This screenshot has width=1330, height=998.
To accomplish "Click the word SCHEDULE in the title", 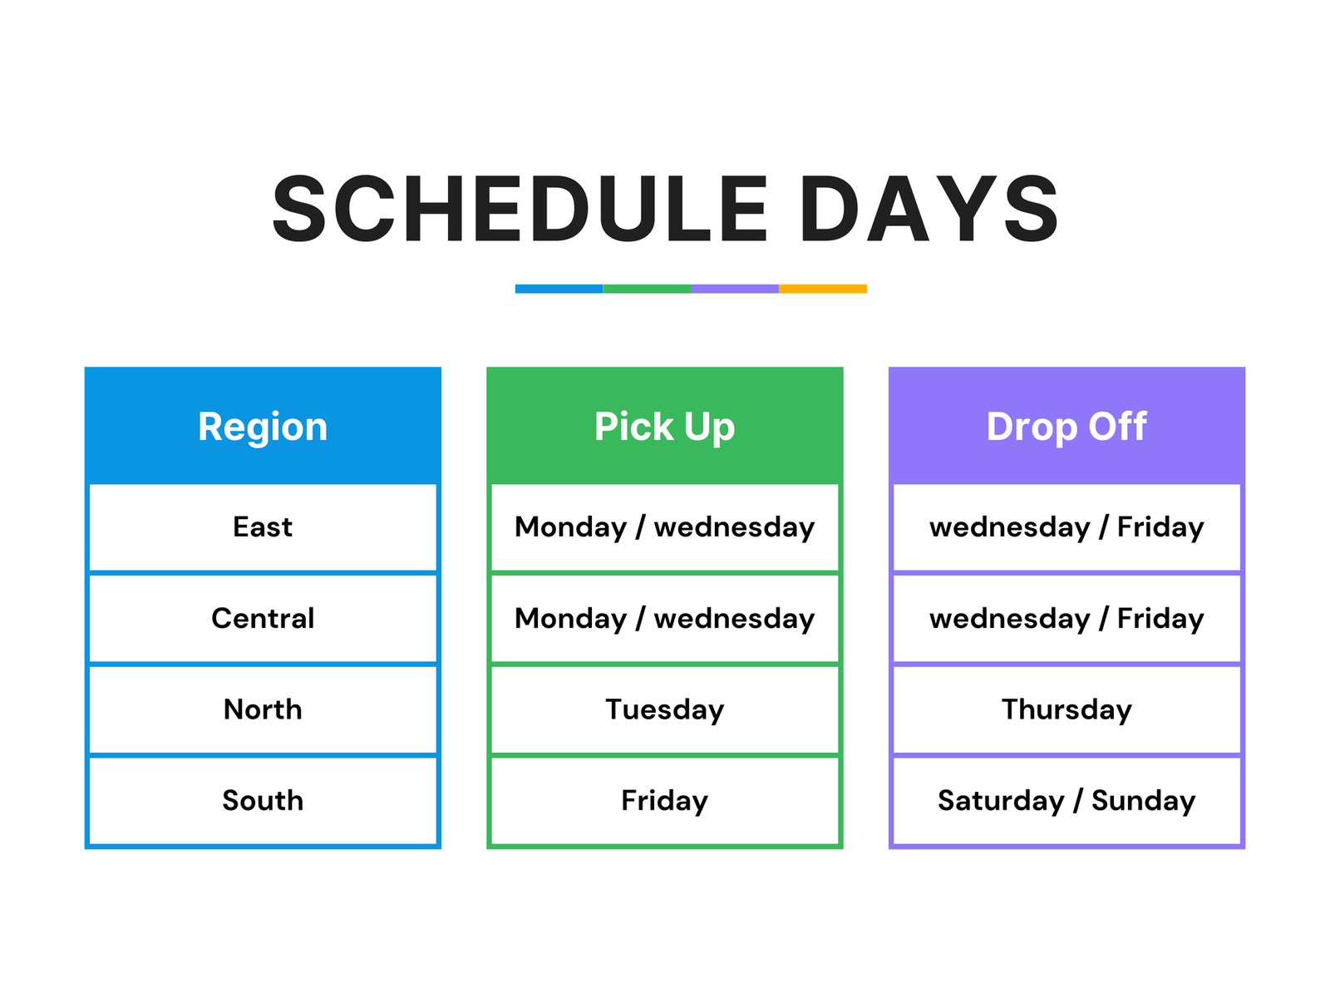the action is tap(520, 209).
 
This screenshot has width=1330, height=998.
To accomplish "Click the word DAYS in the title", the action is tap(929, 209).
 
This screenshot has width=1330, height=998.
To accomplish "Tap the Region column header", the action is tap(263, 426).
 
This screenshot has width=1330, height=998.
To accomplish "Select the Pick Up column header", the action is tap(664, 426).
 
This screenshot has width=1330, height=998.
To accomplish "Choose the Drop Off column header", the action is tap(1066, 426).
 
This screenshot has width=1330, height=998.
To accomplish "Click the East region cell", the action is tap(263, 527).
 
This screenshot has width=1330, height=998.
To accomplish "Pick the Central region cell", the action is tap(263, 619).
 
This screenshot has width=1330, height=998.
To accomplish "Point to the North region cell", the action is tap(263, 709).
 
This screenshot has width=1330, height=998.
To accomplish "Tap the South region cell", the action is tap(263, 801).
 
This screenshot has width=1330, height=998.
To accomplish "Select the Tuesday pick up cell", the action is tap(664, 709).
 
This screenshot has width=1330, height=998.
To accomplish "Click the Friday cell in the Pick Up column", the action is tap(664, 801).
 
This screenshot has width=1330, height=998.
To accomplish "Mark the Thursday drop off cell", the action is tap(1066, 709).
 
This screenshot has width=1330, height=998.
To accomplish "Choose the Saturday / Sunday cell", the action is tap(1066, 801).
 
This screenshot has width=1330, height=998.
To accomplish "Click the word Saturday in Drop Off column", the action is tap(1000, 801).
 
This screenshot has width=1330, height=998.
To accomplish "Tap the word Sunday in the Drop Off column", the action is tap(1143, 801).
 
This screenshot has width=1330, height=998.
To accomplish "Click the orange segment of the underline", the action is tap(822, 289).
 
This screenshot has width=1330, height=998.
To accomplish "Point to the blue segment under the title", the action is tap(559, 289).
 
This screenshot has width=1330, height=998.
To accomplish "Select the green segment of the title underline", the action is tap(647, 289).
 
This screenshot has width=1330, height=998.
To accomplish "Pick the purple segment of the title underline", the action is tap(734, 289).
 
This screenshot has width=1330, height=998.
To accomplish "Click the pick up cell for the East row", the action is tap(664, 527).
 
